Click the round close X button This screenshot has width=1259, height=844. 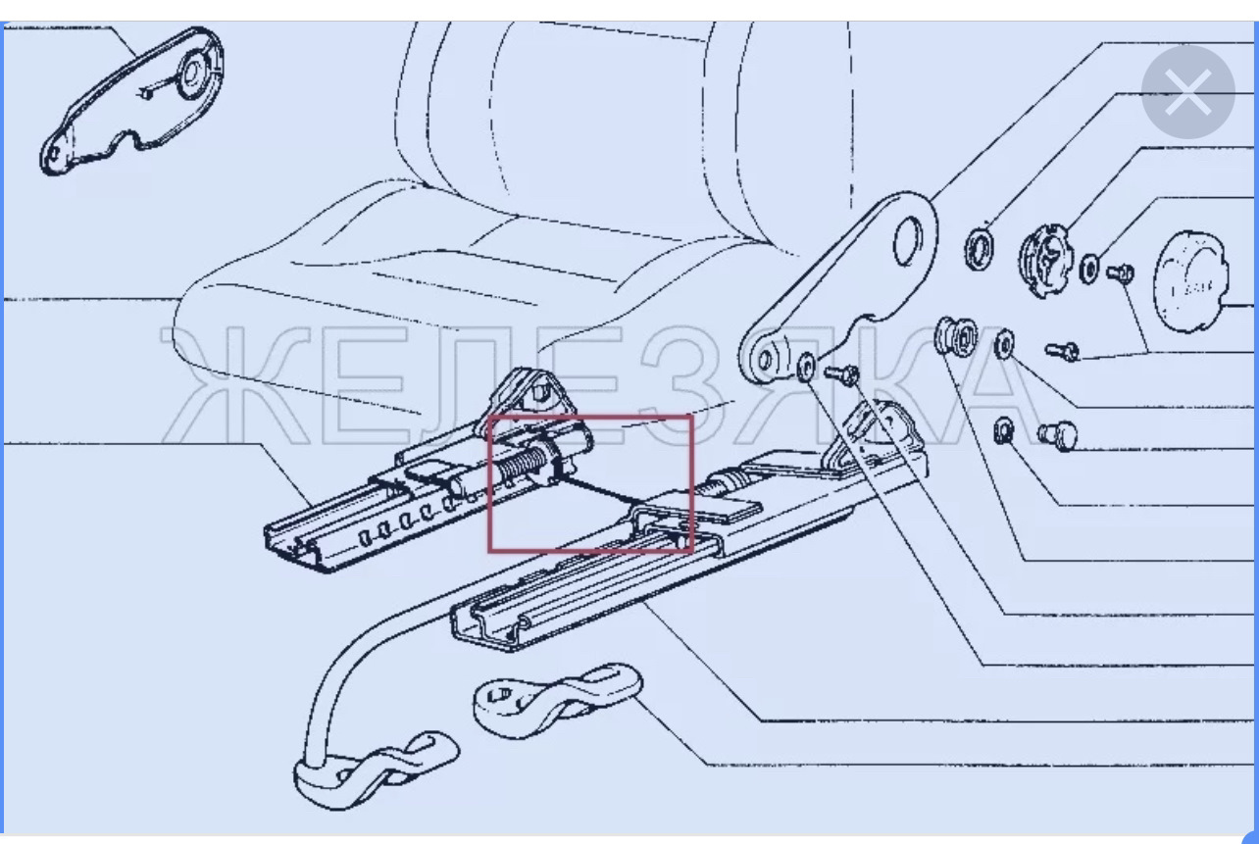(1188, 92)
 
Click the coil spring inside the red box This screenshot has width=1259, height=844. (522, 465)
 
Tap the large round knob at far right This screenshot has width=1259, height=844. (1190, 281)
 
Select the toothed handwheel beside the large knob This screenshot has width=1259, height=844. (1045, 261)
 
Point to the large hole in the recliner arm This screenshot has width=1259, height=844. (907, 241)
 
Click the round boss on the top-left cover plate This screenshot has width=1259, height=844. (192, 74)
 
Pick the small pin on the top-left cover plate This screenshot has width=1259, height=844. (147, 93)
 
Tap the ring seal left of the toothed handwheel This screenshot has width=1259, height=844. (979, 249)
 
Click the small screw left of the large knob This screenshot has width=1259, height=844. (1120, 273)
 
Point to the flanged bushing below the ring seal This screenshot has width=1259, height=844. (955, 336)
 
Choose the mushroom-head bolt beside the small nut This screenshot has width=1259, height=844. (1057, 435)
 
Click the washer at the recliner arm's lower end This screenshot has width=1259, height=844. (805, 368)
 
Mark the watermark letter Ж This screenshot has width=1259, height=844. (235, 385)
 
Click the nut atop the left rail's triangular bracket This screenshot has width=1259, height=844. (539, 390)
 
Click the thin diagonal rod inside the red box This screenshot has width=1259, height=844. (600, 490)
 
